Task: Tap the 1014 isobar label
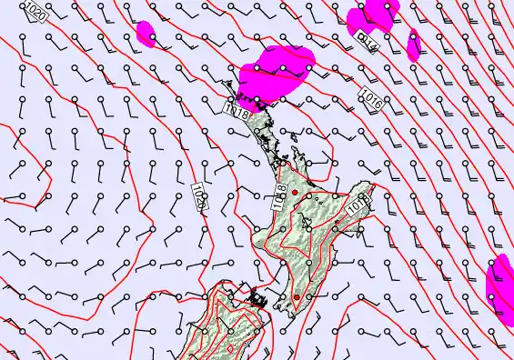point(366,42)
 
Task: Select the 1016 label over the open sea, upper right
point(370,98)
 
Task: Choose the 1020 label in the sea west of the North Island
point(200,196)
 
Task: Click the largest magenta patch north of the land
point(277,70)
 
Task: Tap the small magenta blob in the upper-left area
point(146,34)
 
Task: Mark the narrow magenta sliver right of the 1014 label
point(414,44)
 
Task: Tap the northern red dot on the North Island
point(295,193)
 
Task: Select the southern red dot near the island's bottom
point(297,297)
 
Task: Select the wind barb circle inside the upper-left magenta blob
point(152,35)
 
